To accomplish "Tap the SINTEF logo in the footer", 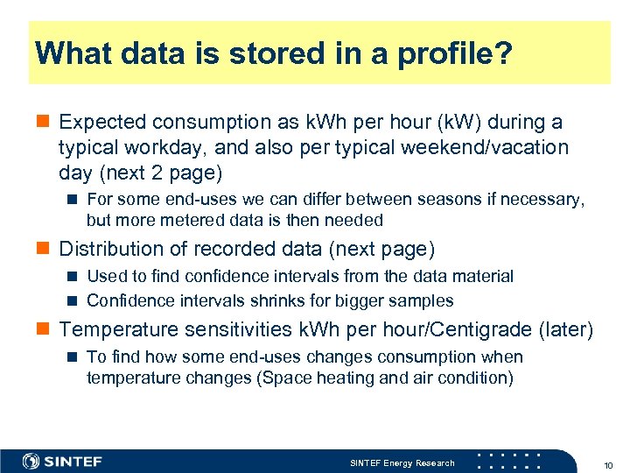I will (x=63, y=462).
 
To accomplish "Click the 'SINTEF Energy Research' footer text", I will (x=402, y=462).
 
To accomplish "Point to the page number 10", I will (x=607, y=463).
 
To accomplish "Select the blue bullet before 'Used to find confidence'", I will (x=74, y=277).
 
